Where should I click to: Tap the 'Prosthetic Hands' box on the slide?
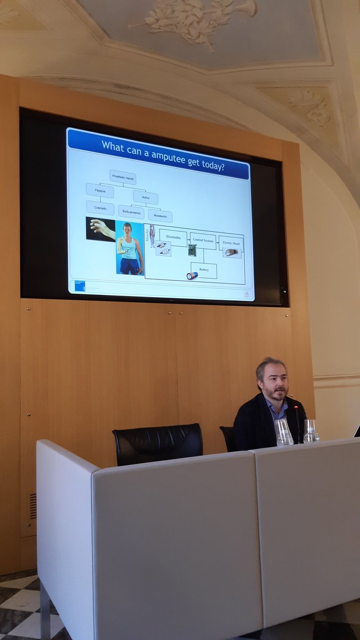(123, 177)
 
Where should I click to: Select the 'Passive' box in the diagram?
(100, 190)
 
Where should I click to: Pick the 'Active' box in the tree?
(146, 197)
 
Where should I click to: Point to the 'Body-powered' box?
(131, 212)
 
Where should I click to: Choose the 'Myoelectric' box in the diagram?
(160, 216)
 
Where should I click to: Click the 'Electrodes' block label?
(173, 237)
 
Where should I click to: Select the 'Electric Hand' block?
(231, 243)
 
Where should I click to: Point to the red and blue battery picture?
(192, 276)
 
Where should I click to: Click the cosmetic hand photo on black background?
(101, 229)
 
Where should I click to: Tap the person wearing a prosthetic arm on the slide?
(130, 248)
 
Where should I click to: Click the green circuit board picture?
(192, 250)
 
